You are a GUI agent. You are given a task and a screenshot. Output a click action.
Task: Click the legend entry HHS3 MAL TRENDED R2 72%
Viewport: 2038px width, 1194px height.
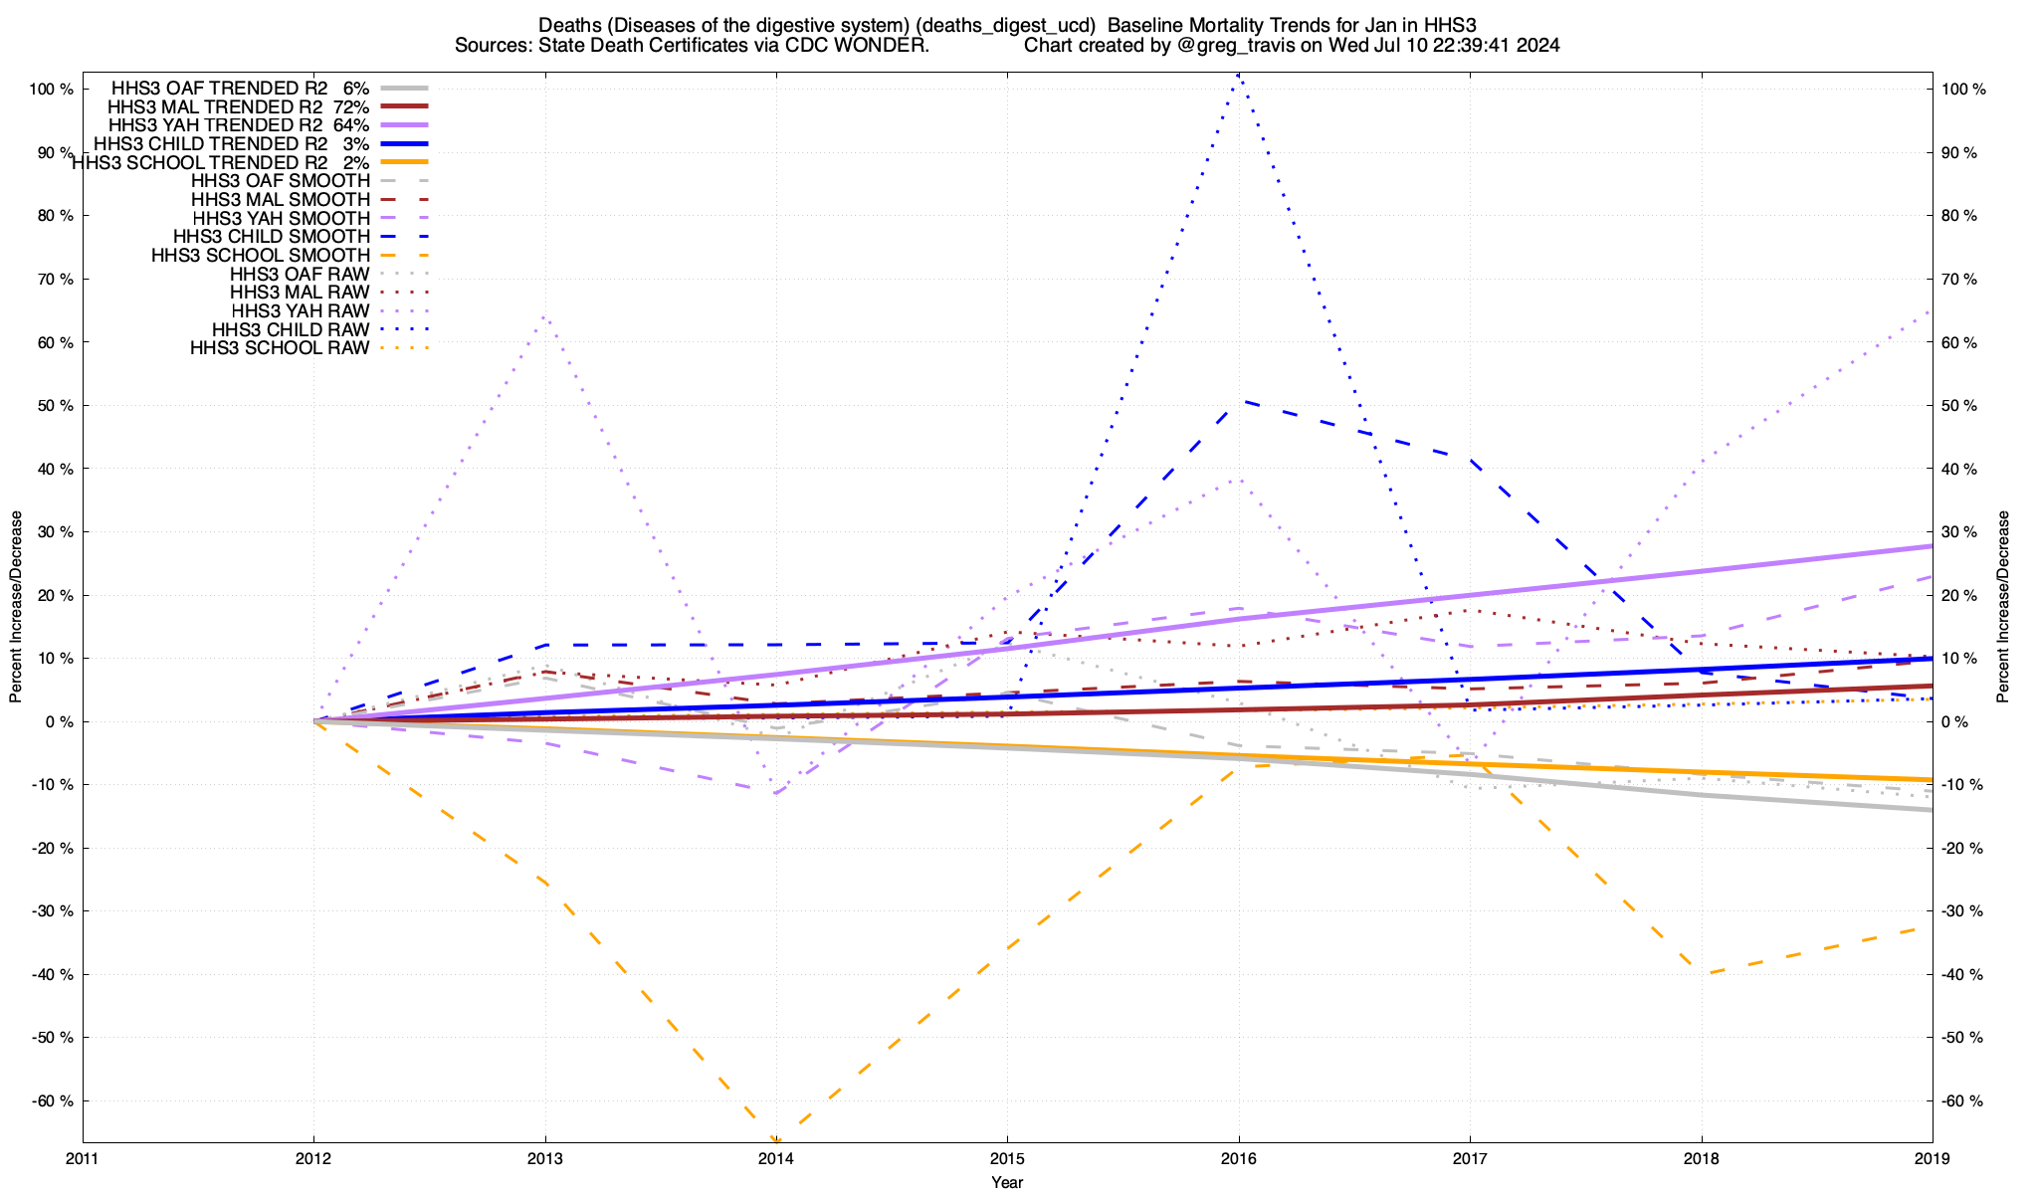pos(239,106)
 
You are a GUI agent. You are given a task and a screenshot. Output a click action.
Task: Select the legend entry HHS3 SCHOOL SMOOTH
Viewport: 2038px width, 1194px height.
pos(261,256)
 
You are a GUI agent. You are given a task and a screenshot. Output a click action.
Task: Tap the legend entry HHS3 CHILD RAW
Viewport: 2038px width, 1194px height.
pos(291,330)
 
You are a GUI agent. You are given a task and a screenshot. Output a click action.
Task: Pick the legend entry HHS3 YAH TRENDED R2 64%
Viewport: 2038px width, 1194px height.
pos(239,125)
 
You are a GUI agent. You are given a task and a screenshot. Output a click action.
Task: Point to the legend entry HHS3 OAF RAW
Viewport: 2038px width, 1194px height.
pos(300,275)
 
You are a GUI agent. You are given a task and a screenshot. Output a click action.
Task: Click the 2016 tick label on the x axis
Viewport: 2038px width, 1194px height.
pos(1239,1158)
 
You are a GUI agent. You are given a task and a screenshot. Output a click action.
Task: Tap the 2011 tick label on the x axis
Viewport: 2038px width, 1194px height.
pos(83,1158)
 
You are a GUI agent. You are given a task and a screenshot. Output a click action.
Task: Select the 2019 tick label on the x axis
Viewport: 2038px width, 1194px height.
pos(1933,1158)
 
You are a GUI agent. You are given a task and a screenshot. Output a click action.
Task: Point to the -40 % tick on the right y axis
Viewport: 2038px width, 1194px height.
pos(1962,975)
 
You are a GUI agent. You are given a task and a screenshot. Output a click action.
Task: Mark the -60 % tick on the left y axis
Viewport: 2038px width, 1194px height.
pos(52,1101)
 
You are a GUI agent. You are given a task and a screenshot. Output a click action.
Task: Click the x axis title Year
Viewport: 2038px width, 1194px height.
pos(1007,1182)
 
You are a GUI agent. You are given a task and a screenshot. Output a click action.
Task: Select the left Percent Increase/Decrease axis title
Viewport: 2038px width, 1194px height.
pos(16,607)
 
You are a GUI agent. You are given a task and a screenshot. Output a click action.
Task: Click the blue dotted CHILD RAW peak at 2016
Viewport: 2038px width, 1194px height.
pos(1238,75)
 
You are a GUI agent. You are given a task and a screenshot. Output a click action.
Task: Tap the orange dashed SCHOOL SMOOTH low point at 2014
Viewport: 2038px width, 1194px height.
pos(776,1140)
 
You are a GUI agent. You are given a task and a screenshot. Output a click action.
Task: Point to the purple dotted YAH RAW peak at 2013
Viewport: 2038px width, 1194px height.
pos(544,316)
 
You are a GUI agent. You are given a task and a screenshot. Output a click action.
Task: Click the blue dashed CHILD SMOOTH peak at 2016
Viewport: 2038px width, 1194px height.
pos(1240,401)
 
